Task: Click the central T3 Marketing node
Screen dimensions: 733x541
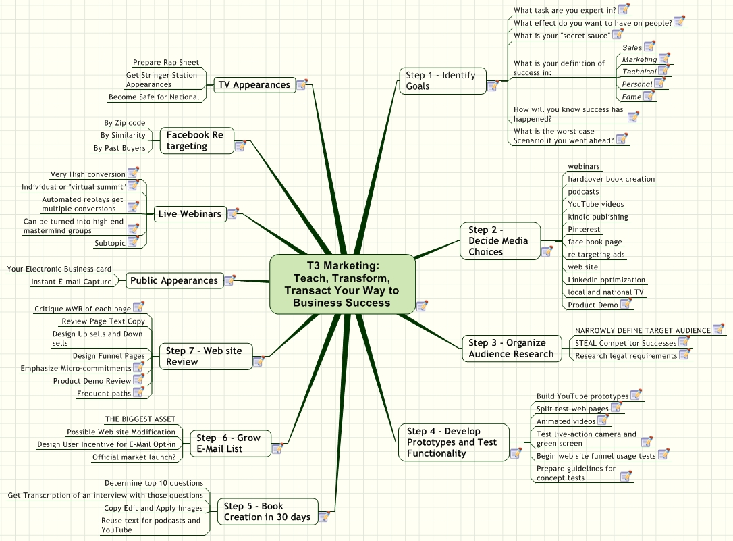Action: point(342,284)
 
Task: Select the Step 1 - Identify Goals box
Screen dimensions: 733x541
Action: point(443,81)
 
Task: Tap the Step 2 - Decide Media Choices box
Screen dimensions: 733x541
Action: point(500,241)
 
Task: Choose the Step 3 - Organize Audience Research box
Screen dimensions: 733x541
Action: point(512,349)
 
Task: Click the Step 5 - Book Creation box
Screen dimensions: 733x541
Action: point(267,511)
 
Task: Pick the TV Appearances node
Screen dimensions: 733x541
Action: point(254,85)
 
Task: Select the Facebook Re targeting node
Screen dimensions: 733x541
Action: point(197,140)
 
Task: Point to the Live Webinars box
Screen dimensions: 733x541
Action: point(190,214)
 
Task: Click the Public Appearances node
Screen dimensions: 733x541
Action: point(174,280)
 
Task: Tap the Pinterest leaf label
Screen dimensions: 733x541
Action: point(584,229)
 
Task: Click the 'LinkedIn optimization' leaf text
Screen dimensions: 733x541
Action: point(606,280)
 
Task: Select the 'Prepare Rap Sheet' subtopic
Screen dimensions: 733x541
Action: point(166,62)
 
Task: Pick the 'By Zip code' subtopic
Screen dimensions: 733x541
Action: point(124,122)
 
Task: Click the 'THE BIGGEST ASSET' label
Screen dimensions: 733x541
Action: point(140,419)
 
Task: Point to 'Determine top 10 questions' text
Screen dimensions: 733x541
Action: point(154,482)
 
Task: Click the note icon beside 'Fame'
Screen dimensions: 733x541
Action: point(649,95)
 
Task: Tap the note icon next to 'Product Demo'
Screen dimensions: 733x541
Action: point(626,303)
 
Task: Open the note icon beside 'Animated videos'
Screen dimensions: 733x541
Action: point(603,420)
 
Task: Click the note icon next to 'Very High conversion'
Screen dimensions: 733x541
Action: point(133,172)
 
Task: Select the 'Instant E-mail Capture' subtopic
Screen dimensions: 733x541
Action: point(72,282)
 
